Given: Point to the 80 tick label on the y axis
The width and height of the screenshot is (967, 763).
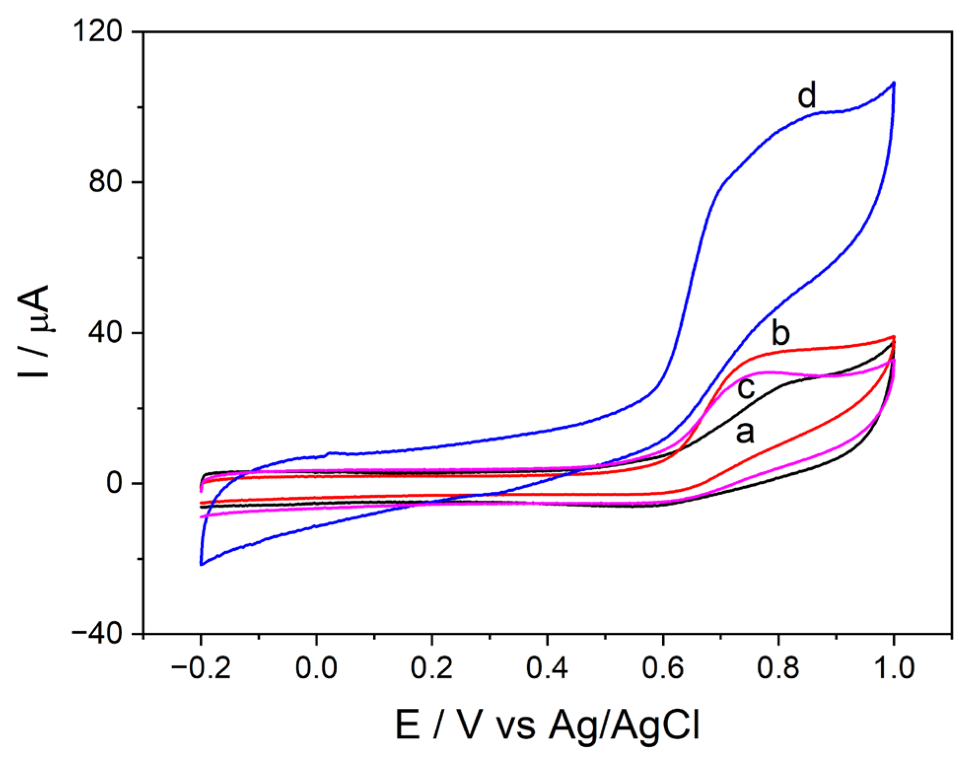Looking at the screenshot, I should point(105,182).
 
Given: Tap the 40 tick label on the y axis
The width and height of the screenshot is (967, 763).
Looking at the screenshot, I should point(105,332).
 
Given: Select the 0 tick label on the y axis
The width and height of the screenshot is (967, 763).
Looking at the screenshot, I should point(114,483).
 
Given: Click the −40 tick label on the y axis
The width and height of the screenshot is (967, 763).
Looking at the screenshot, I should point(97,633).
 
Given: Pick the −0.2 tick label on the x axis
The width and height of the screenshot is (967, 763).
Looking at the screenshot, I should point(201,668).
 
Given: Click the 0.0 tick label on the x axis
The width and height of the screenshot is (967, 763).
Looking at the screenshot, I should point(316,668).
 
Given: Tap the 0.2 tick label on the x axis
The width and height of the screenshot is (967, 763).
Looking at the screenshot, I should point(431,668).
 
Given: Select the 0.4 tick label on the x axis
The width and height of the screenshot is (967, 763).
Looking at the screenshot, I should point(547,668).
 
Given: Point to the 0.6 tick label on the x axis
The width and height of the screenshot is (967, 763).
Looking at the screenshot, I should point(663,668).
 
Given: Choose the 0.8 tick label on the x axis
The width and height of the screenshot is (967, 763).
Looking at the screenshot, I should point(778,668).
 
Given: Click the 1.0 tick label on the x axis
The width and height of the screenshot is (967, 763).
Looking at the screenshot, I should point(894,668).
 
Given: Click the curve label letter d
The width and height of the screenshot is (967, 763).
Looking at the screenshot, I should point(807,95).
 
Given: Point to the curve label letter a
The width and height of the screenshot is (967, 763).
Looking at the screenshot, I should point(745,432).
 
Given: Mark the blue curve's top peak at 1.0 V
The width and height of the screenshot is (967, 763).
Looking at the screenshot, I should point(894,83).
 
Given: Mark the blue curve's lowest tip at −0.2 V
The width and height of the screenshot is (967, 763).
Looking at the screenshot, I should point(201,565).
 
